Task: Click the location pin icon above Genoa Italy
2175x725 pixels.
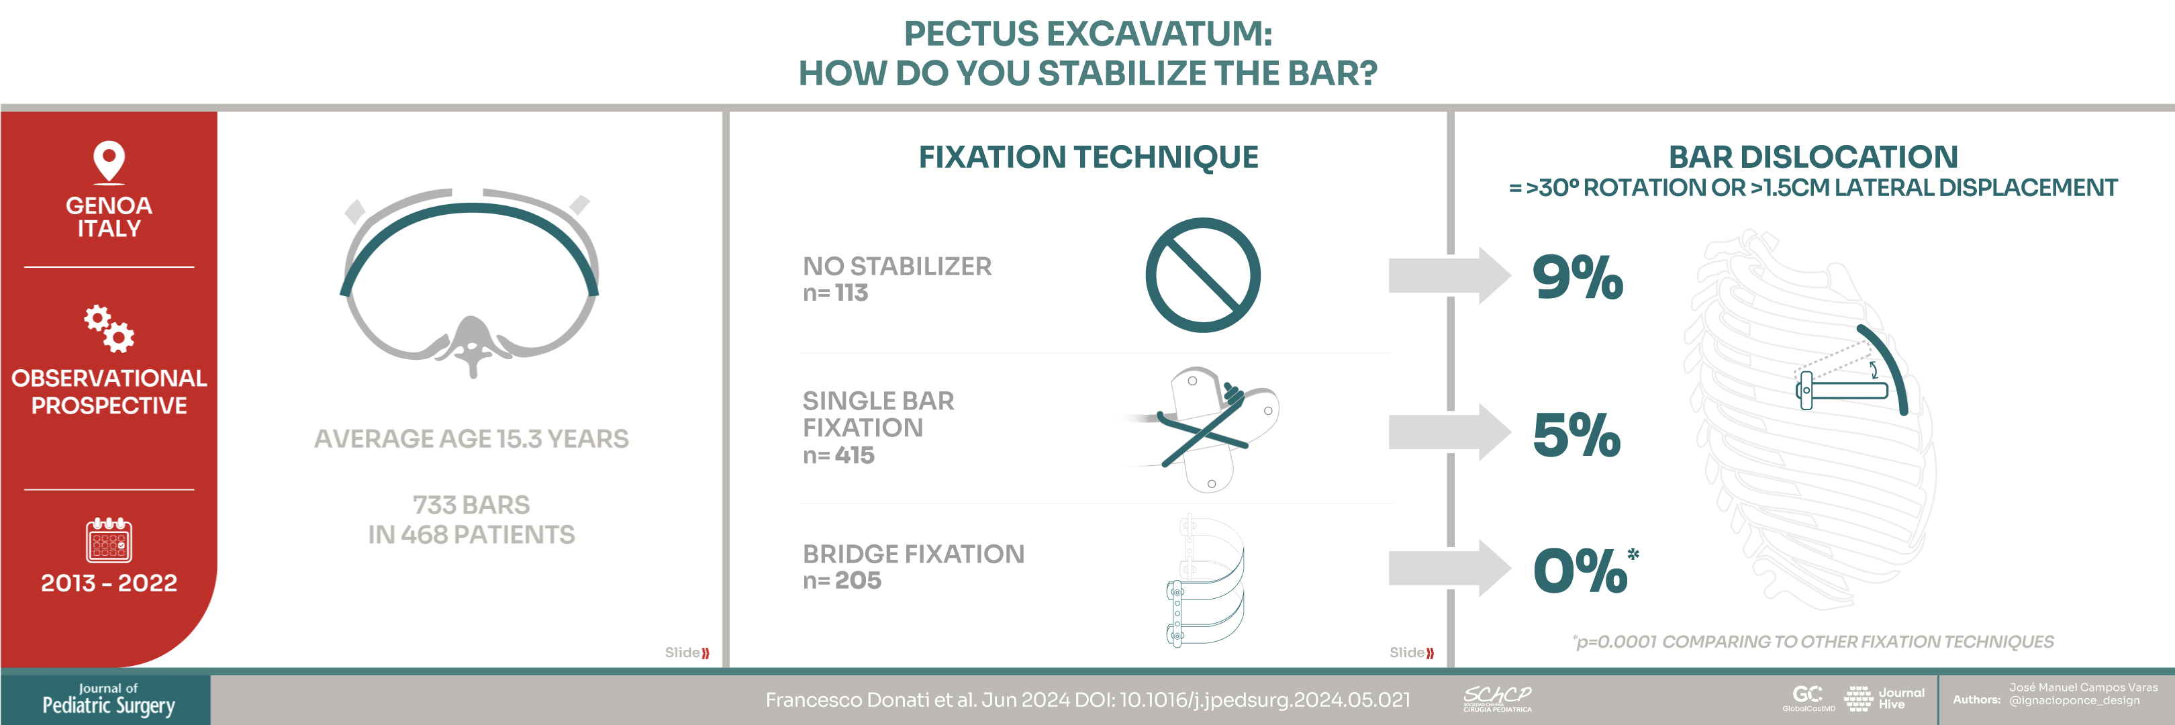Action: (x=109, y=161)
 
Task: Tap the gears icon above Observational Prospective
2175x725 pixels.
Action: (x=109, y=328)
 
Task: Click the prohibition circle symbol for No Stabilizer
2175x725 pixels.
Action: (x=1202, y=275)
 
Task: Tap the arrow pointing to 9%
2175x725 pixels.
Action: (x=1449, y=275)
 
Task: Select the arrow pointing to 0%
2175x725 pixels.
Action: (x=1449, y=568)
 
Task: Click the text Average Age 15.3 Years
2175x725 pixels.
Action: (x=471, y=439)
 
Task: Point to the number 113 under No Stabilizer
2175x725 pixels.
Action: (x=851, y=293)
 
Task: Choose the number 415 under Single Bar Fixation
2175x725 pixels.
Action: (x=855, y=456)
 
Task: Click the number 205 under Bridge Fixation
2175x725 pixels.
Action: (x=858, y=581)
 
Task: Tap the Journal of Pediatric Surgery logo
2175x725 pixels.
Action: (x=108, y=699)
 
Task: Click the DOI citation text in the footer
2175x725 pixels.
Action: (x=1087, y=699)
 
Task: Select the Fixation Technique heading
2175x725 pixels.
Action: (x=1088, y=157)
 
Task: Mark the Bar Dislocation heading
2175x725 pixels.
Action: (x=1812, y=157)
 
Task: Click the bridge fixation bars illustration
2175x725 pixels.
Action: (x=1205, y=581)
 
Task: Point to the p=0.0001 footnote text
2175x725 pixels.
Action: (x=1812, y=642)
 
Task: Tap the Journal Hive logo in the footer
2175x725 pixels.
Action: (x=1884, y=698)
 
